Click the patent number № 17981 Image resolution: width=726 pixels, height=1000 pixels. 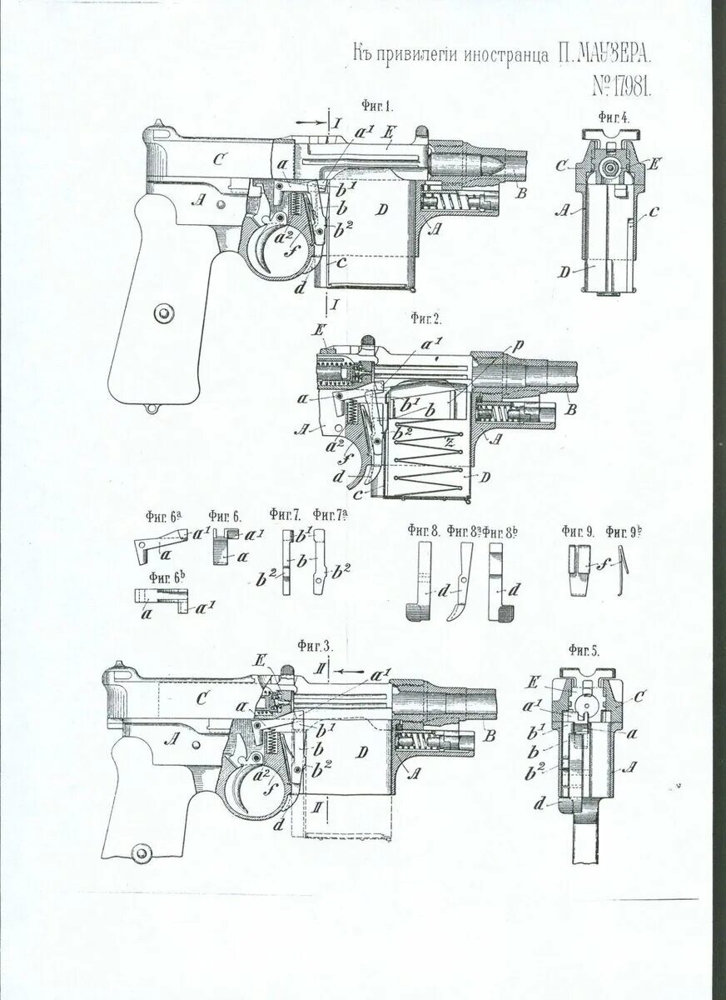click(x=621, y=86)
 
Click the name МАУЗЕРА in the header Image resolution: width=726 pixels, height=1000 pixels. click(x=604, y=56)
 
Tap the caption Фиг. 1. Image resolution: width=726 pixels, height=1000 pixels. click(x=377, y=107)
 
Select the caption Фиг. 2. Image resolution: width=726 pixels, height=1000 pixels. click(x=425, y=318)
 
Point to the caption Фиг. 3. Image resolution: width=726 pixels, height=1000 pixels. click(x=316, y=646)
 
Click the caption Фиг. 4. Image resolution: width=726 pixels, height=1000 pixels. click(x=613, y=117)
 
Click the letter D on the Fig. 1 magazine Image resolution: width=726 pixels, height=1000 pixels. click(x=380, y=210)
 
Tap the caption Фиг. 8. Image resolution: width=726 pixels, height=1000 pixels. click(x=422, y=530)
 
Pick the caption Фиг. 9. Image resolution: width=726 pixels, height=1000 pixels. click(x=577, y=530)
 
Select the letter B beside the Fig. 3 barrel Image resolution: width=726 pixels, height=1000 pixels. click(x=487, y=736)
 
